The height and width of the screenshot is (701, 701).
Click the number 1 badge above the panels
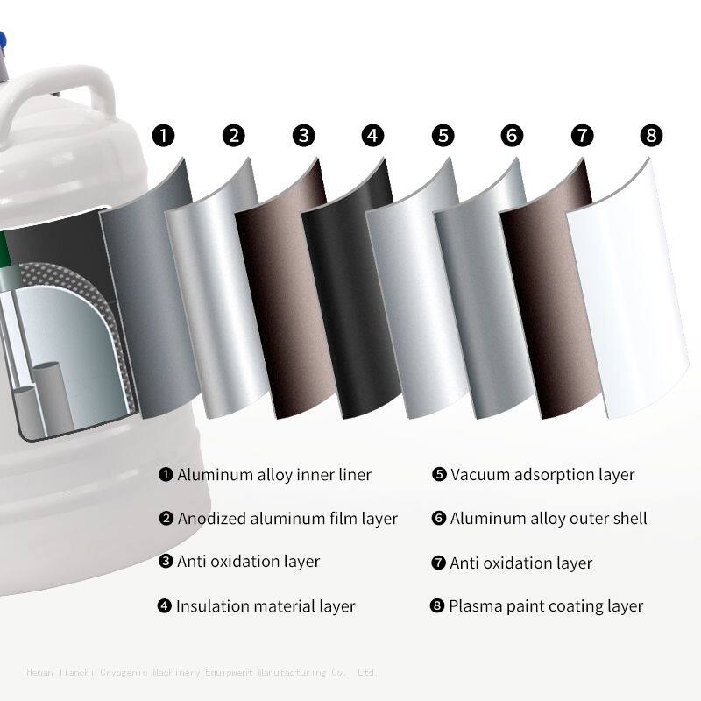pyautogui.click(x=164, y=136)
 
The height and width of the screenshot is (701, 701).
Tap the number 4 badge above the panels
pyautogui.click(x=373, y=136)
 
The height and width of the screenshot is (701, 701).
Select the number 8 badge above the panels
pyautogui.click(x=651, y=136)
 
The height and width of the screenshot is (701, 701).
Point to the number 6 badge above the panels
pyautogui.click(x=513, y=136)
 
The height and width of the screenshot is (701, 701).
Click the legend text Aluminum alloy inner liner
pyautogui.click(x=274, y=475)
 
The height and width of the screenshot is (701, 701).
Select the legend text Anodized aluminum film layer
pyautogui.click(x=287, y=519)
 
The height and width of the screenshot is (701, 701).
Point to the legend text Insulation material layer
pyautogui.click(x=266, y=606)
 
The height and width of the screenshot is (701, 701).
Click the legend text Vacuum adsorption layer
pyautogui.click(x=542, y=475)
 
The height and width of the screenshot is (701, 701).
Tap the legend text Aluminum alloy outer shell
pyautogui.click(x=549, y=519)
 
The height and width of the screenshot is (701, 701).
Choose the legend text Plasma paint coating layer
pyautogui.click(x=546, y=606)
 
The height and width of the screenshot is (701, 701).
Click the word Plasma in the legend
pyautogui.click(x=474, y=606)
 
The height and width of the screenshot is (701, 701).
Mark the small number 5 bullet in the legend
pyautogui.click(x=439, y=475)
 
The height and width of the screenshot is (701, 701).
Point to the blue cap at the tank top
pyautogui.click(x=3, y=39)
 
